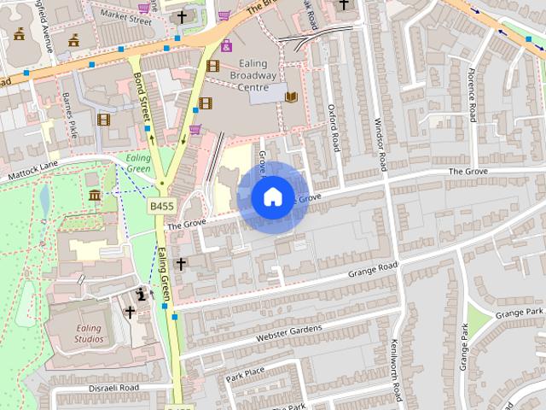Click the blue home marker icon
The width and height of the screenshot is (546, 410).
(x=272, y=196)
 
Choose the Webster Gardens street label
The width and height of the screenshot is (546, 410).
(x=289, y=331)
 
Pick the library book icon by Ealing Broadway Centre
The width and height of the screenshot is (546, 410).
(x=293, y=97)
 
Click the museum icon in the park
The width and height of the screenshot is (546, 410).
(x=93, y=197)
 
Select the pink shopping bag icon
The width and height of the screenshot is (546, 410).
(x=226, y=45)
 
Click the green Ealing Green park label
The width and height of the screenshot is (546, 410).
(x=138, y=163)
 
